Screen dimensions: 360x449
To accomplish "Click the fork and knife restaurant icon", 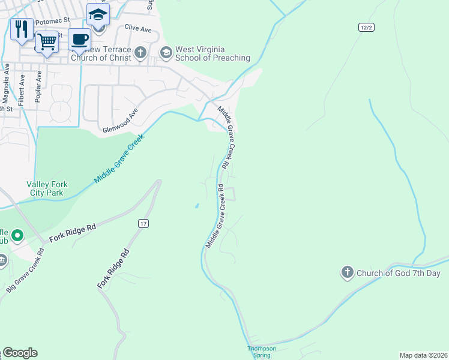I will [22, 29].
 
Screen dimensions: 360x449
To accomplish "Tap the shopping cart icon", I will [47, 42].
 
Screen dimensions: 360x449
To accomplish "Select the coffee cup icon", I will [79, 40].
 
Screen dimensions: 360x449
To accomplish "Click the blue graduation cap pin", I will [98, 14].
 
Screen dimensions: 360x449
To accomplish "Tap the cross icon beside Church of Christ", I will [140, 53].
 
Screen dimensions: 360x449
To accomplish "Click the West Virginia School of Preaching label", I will [212, 53].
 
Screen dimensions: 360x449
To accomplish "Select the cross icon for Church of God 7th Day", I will [347, 273].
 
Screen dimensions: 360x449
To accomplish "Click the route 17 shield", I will [143, 224].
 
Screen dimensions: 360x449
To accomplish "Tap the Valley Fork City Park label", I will [45, 189].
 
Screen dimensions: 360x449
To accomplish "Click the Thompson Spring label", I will [262, 352].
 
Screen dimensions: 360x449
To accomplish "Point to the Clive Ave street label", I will [137, 27].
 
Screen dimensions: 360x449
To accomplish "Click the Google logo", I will [19, 353].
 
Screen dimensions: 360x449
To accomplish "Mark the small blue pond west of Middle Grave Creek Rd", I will [197, 207].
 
